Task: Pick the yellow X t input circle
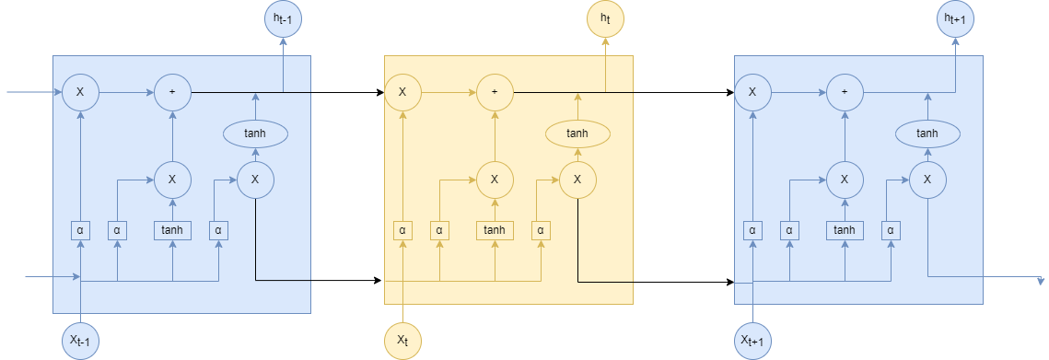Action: click(402, 341)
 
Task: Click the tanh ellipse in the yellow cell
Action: click(577, 134)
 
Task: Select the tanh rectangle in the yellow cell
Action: click(495, 230)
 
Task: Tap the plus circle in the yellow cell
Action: click(495, 92)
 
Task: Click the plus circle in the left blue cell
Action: click(172, 92)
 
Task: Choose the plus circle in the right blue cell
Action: click(845, 92)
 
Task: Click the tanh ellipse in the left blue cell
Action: click(255, 134)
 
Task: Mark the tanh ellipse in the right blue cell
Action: click(927, 134)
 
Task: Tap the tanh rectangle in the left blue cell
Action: click(172, 230)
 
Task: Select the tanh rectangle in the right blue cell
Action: click(845, 230)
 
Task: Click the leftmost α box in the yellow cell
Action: click(402, 230)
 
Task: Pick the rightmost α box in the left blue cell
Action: click(218, 230)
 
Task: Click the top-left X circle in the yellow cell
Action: click(402, 92)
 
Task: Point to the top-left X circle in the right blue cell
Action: click(752, 92)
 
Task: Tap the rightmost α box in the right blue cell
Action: click(891, 230)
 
